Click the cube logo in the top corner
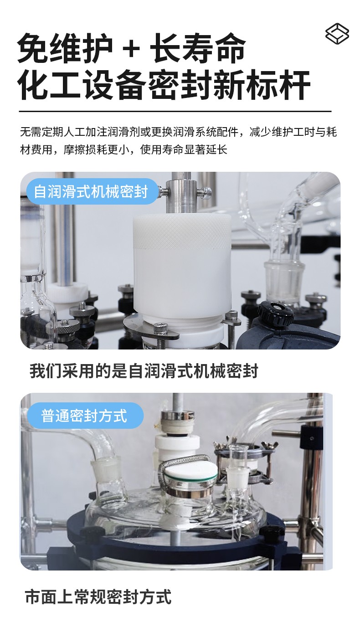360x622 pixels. click(x=337, y=34)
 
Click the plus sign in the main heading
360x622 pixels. click(x=131, y=49)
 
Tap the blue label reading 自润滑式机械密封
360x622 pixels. click(x=91, y=191)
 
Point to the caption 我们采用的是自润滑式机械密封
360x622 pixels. click(x=144, y=371)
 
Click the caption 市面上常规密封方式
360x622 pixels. click(x=98, y=596)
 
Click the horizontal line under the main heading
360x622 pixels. click(x=175, y=111)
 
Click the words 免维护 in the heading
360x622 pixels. click(x=65, y=49)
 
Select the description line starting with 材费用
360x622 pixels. click(x=123, y=150)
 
